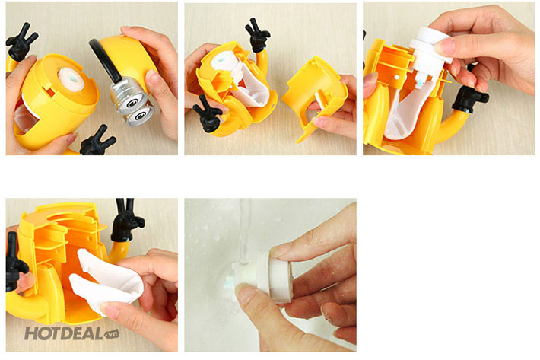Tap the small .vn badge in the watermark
tap(111, 334)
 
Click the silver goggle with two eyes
tap(132, 102)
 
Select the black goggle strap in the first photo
tap(104, 61)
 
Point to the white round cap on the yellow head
tap(73, 79)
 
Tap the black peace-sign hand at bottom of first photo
tap(97, 142)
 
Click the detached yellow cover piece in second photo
tap(315, 97)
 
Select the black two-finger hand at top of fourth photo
tap(126, 221)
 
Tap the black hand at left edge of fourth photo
tap(14, 263)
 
